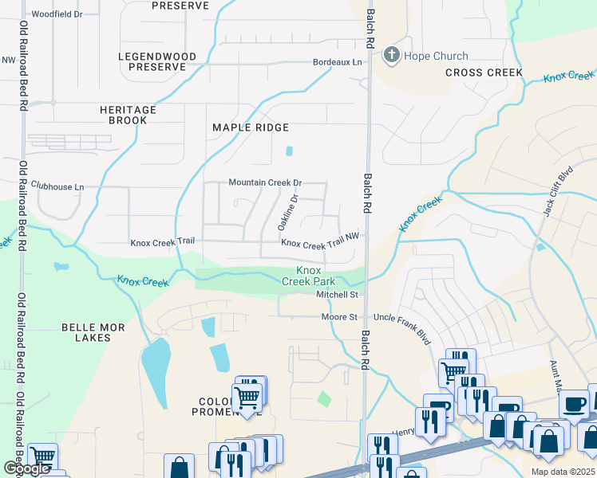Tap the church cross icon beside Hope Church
(391, 56)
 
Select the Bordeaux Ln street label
(337, 62)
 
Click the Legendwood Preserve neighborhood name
(152, 62)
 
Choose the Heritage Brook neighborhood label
(123, 115)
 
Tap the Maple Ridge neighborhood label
(250, 127)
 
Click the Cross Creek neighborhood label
(484, 72)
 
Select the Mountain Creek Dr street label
(265, 182)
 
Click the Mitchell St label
(337, 295)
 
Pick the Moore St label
(339, 317)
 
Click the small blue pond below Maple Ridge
(289, 151)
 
